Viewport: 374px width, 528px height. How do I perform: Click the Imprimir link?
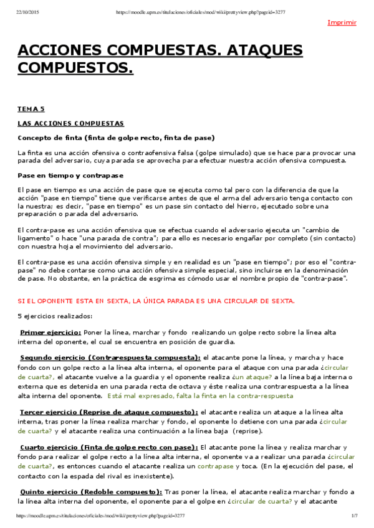coord(342,22)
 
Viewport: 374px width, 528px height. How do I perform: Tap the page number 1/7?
coord(353,516)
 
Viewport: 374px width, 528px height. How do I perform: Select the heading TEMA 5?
coord(31,109)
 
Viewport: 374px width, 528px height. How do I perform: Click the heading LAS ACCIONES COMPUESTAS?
coord(70,123)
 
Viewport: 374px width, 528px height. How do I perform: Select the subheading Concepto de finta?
coord(116,138)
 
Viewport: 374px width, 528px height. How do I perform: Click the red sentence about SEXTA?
coord(156,301)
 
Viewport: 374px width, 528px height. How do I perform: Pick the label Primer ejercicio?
coord(50,332)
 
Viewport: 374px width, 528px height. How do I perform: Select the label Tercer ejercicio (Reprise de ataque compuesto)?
coord(108,412)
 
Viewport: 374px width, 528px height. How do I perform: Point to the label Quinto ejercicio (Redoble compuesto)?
coord(91,492)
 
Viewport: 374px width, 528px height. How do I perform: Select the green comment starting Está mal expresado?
coord(199,395)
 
